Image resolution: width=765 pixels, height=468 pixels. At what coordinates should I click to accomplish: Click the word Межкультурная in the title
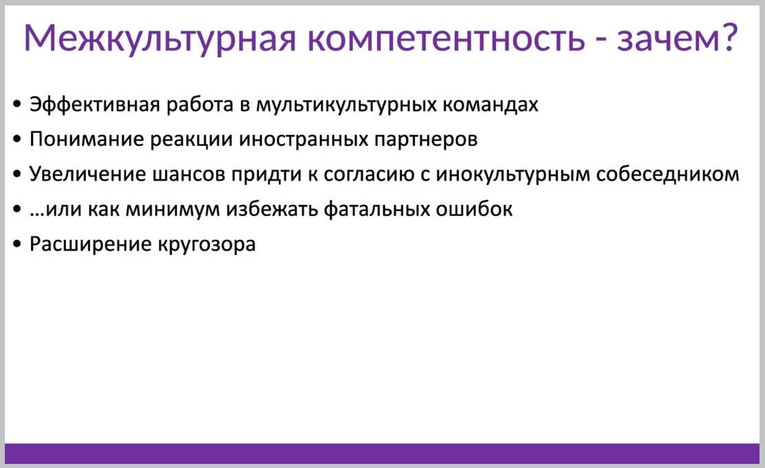160,38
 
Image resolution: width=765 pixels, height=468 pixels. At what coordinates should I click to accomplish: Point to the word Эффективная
95,104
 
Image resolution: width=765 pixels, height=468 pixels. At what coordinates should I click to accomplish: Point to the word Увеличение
87,175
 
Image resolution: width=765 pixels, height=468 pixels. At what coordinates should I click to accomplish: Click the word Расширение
90,244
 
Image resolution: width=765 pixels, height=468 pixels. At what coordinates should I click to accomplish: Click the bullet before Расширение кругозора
18,244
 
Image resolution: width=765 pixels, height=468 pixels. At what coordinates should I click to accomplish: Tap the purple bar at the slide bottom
383,454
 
